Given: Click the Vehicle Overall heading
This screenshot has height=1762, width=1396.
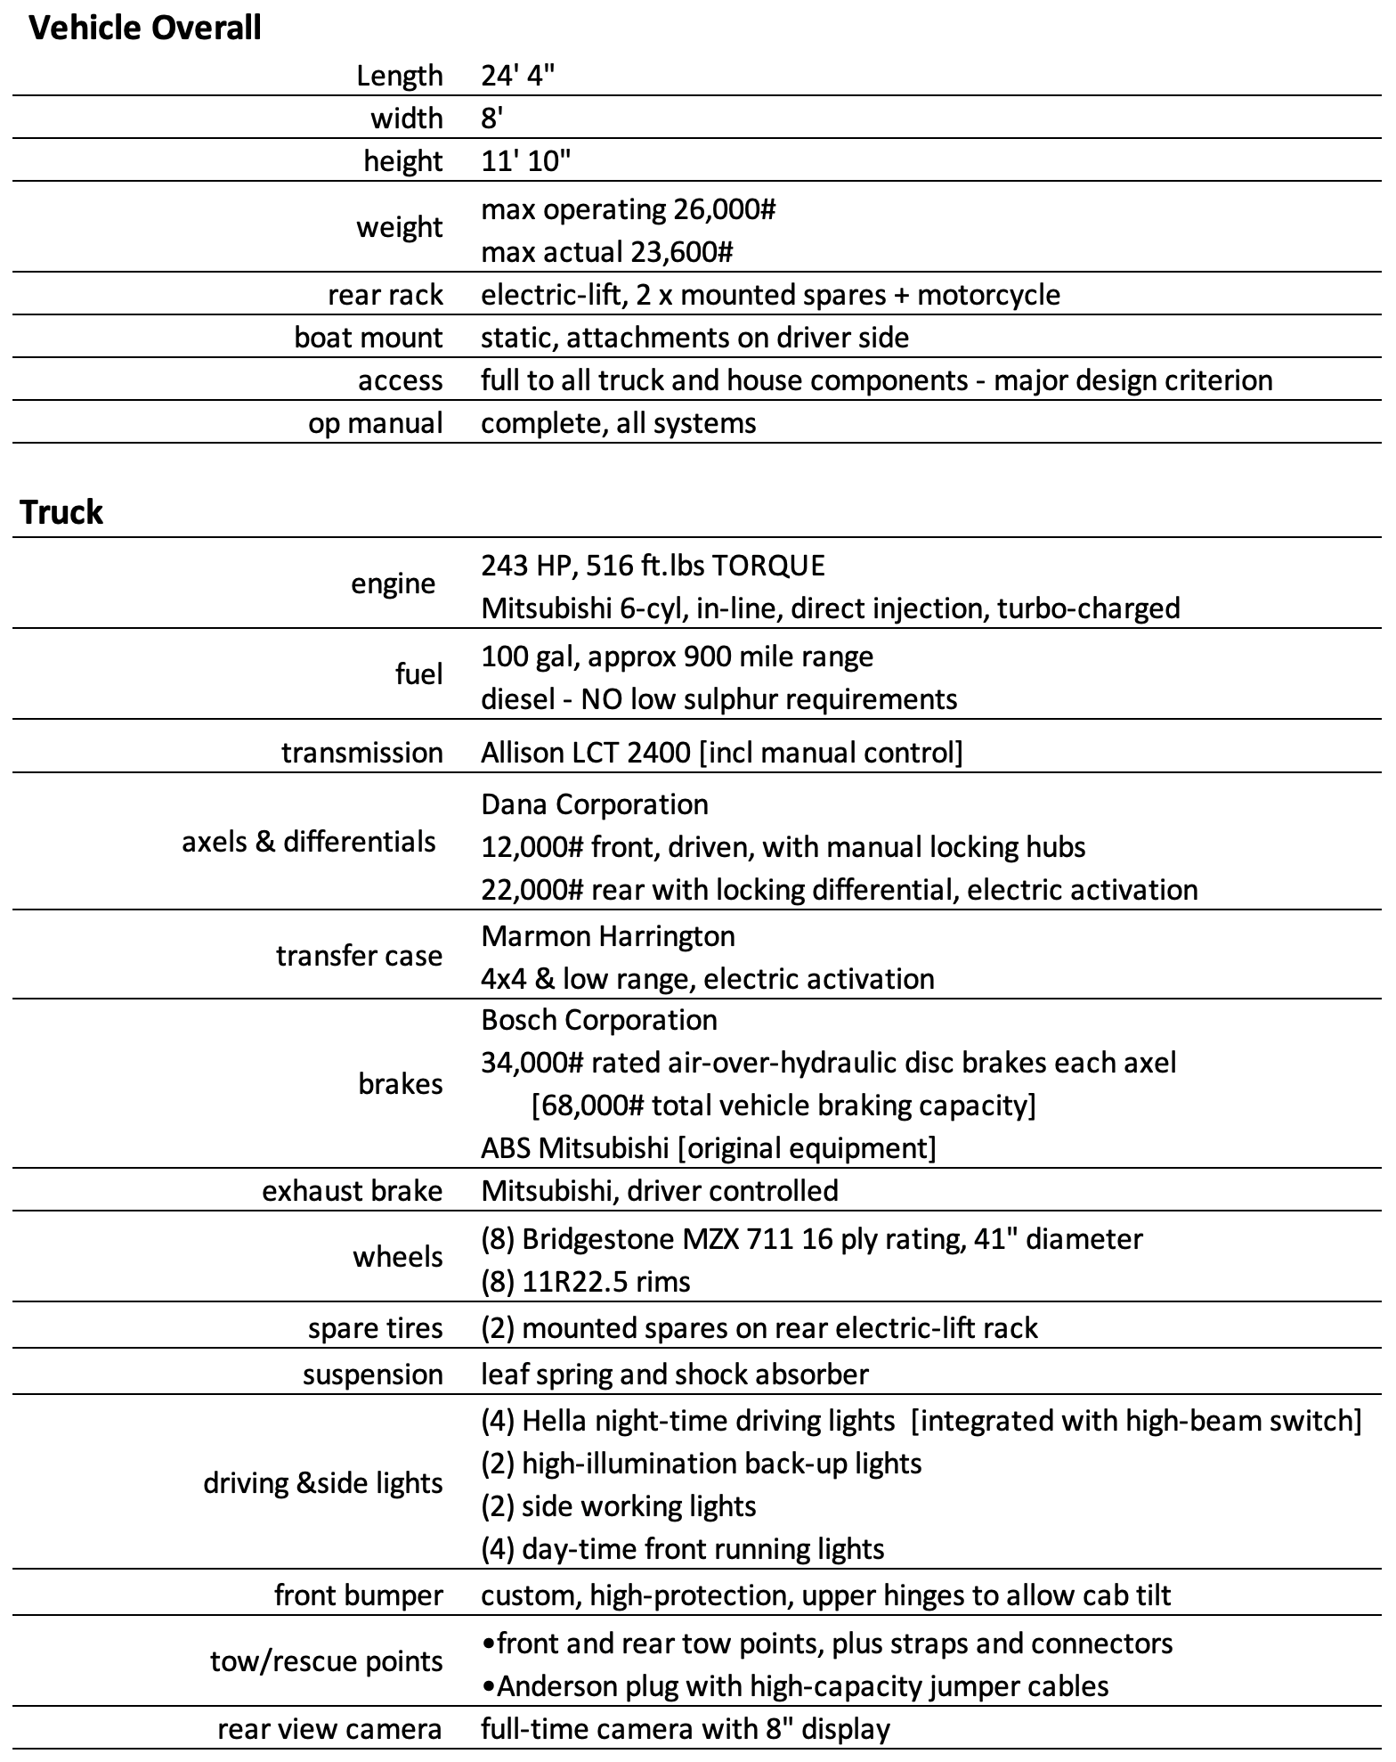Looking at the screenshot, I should pyautogui.click(x=145, y=29).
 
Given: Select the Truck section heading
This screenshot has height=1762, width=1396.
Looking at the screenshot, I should pyautogui.click(x=61, y=512).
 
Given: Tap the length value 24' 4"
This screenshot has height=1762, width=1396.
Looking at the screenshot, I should pyautogui.click(x=517, y=76).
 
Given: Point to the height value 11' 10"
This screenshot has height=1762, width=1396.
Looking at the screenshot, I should pyautogui.click(x=525, y=161).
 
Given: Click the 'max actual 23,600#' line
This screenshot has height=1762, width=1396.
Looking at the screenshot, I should pyautogui.click(x=606, y=252).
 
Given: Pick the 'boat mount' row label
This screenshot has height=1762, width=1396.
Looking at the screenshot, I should pyautogui.click(x=368, y=338).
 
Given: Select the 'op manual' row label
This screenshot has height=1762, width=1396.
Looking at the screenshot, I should pyautogui.click(x=375, y=423).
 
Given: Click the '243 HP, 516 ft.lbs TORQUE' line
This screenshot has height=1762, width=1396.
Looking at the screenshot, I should pyautogui.click(x=653, y=565).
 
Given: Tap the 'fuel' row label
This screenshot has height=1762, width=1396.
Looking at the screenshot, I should pyautogui.click(x=418, y=674).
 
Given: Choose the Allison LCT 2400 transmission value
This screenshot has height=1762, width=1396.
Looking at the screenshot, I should pyautogui.click(x=721, y=753).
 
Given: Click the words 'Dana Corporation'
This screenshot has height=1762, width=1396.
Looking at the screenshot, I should pyautogui.click(x=595, y=804).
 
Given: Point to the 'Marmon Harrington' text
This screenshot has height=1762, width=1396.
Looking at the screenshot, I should pyautogui.click(x=608, y=936).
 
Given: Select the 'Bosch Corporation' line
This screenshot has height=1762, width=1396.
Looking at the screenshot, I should pyautogui.click(x=599, y=1020).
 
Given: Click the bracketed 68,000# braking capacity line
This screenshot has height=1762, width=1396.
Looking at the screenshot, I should pyautogui.click(x=783, y=1105).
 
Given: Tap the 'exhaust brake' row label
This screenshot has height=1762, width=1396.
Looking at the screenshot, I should pyautogui.click(x=352, y=1191).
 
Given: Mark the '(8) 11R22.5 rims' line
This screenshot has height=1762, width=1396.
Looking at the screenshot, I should pyautogui.click(x=585, y=1282).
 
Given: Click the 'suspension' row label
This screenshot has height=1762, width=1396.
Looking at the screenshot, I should pyautogui.click(x=372, y=1375).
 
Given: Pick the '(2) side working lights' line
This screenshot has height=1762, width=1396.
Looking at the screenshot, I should pyautogui.click(x=618, y=1506).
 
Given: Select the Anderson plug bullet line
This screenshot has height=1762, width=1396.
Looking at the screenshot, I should pyautogui.click(x=794, y=1686).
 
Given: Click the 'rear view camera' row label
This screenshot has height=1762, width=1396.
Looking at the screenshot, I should pyautogui.click(x=329, y=1729).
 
